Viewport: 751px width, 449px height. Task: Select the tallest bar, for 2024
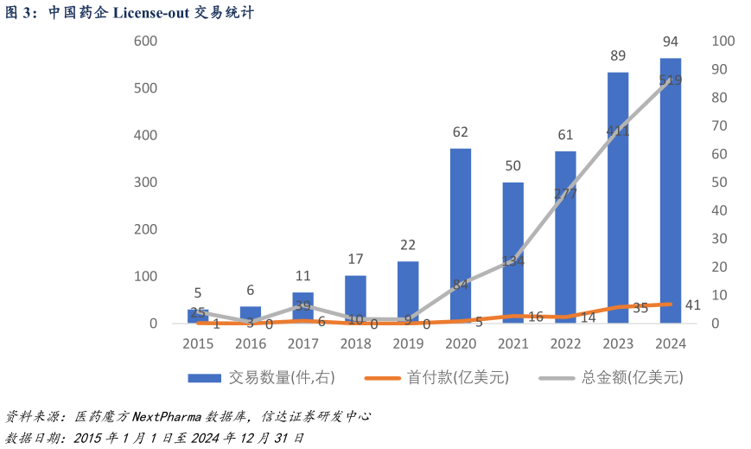671,190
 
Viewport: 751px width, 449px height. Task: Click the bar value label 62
461,132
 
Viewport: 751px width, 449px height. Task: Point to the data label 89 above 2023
618,56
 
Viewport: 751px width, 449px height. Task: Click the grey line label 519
671,80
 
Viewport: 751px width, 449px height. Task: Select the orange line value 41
692,304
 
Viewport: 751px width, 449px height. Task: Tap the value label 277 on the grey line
565,193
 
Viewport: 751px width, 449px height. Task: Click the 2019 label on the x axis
408,343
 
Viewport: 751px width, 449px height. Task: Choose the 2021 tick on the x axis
513,343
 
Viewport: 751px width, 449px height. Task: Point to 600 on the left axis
145,42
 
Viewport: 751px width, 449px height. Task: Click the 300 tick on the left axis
145,183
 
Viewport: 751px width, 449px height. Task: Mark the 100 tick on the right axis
722,42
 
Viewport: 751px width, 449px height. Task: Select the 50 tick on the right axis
719,183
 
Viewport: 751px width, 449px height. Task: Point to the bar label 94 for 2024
671,42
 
